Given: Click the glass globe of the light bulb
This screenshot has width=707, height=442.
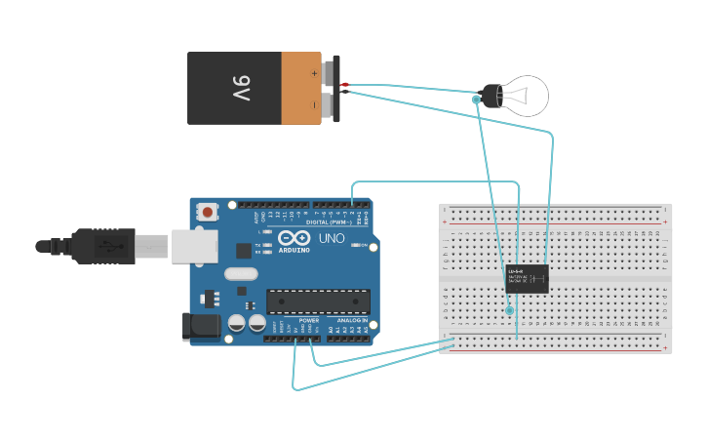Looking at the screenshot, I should pos(527,96).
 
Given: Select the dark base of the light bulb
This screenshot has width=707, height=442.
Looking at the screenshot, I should pos(491,96).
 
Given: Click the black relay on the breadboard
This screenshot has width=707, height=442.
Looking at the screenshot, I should pos(527,278).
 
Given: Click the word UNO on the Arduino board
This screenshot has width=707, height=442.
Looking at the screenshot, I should pos(332,238).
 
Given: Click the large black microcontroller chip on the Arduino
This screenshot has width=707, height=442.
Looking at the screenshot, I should pos(318,302).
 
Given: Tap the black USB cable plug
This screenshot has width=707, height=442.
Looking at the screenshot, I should pos(102,246).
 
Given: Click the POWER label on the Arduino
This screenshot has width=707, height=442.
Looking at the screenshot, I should pos(308,320).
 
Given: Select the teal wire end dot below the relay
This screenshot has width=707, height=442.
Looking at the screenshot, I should pos(509,310).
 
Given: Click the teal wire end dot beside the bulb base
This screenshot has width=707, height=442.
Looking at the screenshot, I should pos(476,100).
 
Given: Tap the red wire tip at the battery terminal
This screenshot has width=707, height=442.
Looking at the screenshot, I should pos(345,85).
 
